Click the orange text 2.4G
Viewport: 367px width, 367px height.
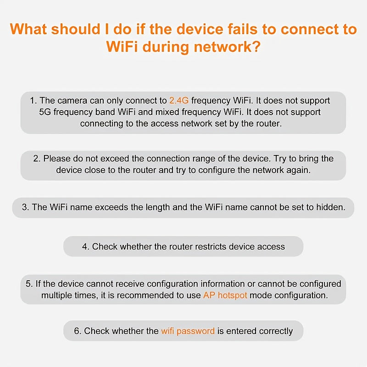click(179, 100)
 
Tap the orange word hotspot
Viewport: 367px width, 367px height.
click(232, 295)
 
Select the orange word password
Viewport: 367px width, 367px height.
click(195, 331)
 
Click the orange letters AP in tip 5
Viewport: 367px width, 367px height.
click(209, 295)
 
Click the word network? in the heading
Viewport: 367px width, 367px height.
click(227, 47)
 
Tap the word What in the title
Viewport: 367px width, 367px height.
click(29, 29)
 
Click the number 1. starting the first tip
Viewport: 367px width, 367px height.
click(33, 100)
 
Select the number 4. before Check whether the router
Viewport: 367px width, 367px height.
click(86, 247)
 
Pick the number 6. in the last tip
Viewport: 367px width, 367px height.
click(78, 331)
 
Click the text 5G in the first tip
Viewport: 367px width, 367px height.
click(45, 112)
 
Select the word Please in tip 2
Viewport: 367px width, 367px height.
click(57, 159)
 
